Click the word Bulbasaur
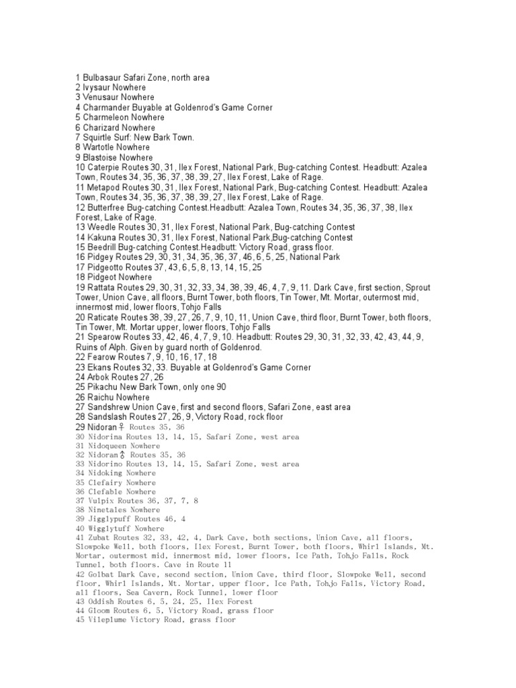click(x=102, y=78)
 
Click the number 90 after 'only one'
click(x=221, y=387)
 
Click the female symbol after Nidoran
click(x=121, y=427)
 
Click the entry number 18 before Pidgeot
click(x=80, y=277)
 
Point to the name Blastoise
click(x=102, y=157)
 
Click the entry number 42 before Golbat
click(x=80, y=575)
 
